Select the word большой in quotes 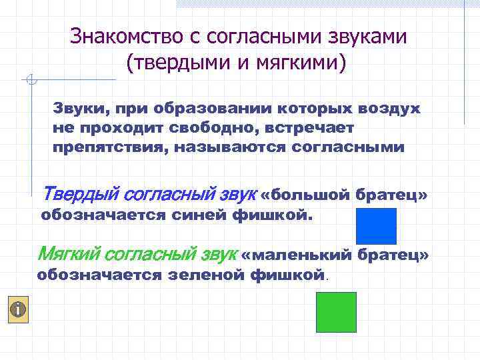pos(311,195)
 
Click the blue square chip pos(376,226)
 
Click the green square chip pos(336,312)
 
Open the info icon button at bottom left pos(19,309)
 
